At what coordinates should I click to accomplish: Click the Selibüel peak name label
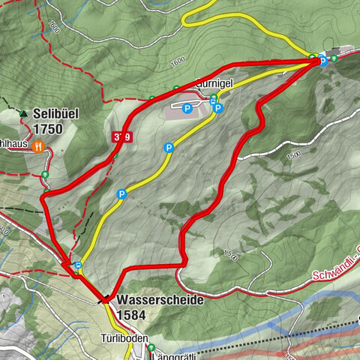click(x=55, y=113)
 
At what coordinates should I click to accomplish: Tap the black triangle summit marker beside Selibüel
click(x=24, y=114)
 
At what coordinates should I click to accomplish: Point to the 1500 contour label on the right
click(x=293, y=155)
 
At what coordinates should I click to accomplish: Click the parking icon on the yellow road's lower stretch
click(x=121, y=194)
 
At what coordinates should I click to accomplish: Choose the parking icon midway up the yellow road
click(x=169, y=148)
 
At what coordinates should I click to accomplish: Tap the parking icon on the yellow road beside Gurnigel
click(x=217, y=109)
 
